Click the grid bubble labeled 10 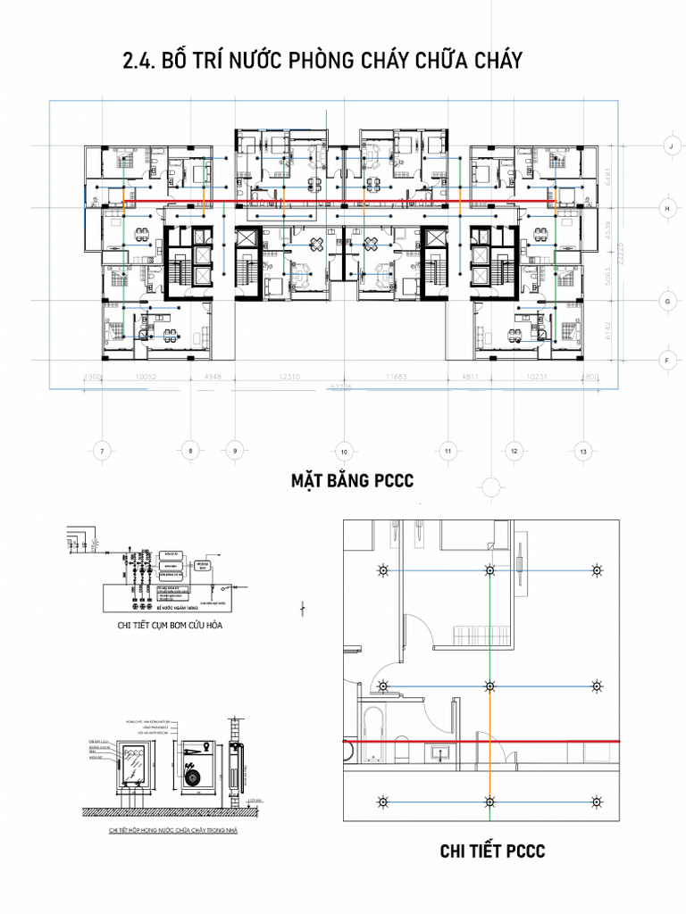[x=344, y=451]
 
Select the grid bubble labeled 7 [x=103, y=451]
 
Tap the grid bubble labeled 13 [x=583, y=451]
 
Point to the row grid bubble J [x=666, y=145]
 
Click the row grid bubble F [x=666, y=361]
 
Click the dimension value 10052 [x=145, y=377]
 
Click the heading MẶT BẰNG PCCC [x=352, y=482]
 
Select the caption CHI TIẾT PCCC [x=492, y=851]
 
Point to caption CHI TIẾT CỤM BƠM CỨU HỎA [x=170, y=626]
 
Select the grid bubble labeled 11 [x=447, y=451]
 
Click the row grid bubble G [x=666, y=303]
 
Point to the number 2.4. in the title [x=138, y=60]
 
